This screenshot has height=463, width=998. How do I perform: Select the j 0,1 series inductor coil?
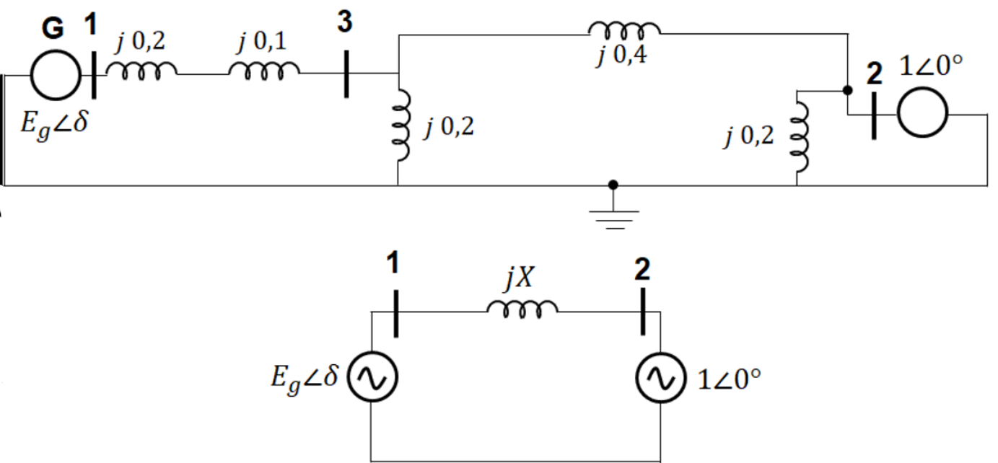264,69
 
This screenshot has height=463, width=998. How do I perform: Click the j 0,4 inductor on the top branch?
624,30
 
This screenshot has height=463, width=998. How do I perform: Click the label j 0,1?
263,42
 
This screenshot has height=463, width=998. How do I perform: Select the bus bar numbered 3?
346,73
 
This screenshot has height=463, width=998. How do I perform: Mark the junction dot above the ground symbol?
613,185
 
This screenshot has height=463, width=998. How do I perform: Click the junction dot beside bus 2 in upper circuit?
848,91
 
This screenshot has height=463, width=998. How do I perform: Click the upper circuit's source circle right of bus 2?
923,114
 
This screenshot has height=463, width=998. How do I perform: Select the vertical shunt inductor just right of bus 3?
402,126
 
